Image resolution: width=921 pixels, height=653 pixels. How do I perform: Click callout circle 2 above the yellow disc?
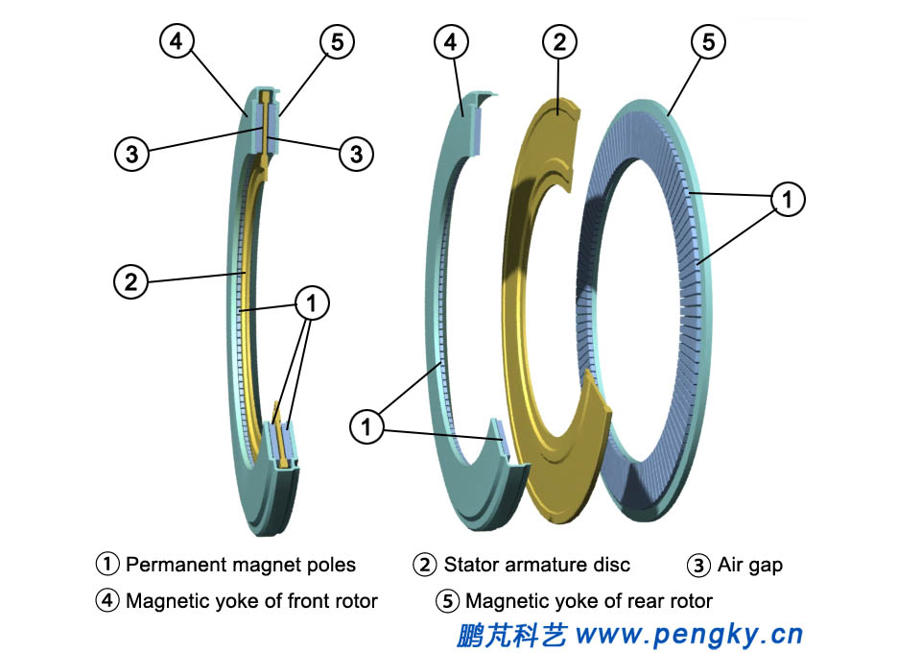(x=559, y=42)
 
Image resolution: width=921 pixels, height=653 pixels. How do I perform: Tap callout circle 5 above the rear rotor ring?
(x=708, y=42)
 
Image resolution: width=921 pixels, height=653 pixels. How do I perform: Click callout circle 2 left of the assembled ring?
(x=131, y=281)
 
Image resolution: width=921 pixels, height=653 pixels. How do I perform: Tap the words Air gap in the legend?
(x=749, y=565)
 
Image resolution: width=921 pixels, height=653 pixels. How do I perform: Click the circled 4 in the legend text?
(x=107, y=601)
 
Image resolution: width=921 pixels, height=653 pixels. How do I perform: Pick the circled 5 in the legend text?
(x=447, y=601)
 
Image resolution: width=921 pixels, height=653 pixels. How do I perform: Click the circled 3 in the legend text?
(x=700, y=565)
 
